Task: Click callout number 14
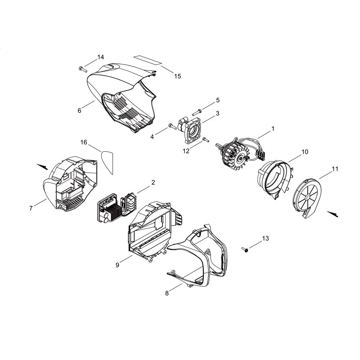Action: (100, 57)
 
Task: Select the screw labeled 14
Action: (83, 69)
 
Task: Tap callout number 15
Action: (177, 76)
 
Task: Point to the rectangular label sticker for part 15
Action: (148, 60)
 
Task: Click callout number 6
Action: (80, 111)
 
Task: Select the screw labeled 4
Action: (172, 126)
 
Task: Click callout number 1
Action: (273, 129)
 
